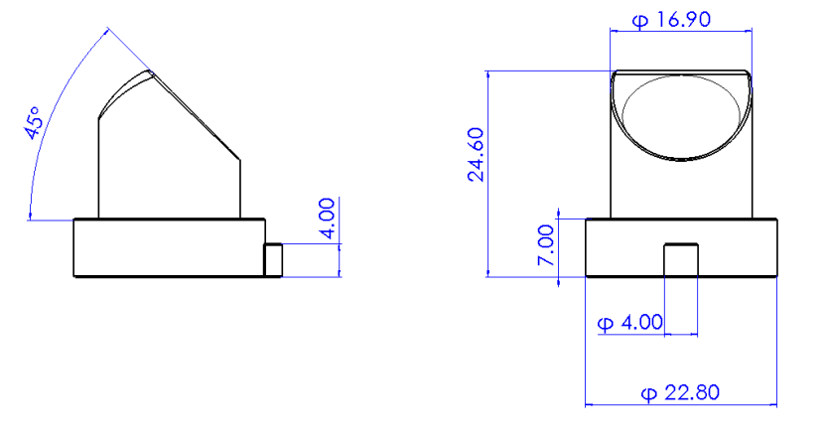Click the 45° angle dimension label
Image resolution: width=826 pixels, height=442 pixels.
click(33, 123)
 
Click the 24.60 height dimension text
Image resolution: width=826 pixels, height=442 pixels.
click(477, 154)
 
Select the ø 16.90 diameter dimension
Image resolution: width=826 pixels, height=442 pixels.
click(671, 20)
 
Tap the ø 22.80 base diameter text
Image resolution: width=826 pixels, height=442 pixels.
click(680, 393)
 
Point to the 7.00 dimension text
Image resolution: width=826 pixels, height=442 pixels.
click(546, 245)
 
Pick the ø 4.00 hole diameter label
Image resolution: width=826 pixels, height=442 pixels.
click(630, 323)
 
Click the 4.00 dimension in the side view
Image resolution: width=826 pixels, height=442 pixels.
click(327, 219)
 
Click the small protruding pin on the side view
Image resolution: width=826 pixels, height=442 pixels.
click(273, 259)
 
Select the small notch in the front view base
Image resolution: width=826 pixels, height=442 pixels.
click(681, 259)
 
